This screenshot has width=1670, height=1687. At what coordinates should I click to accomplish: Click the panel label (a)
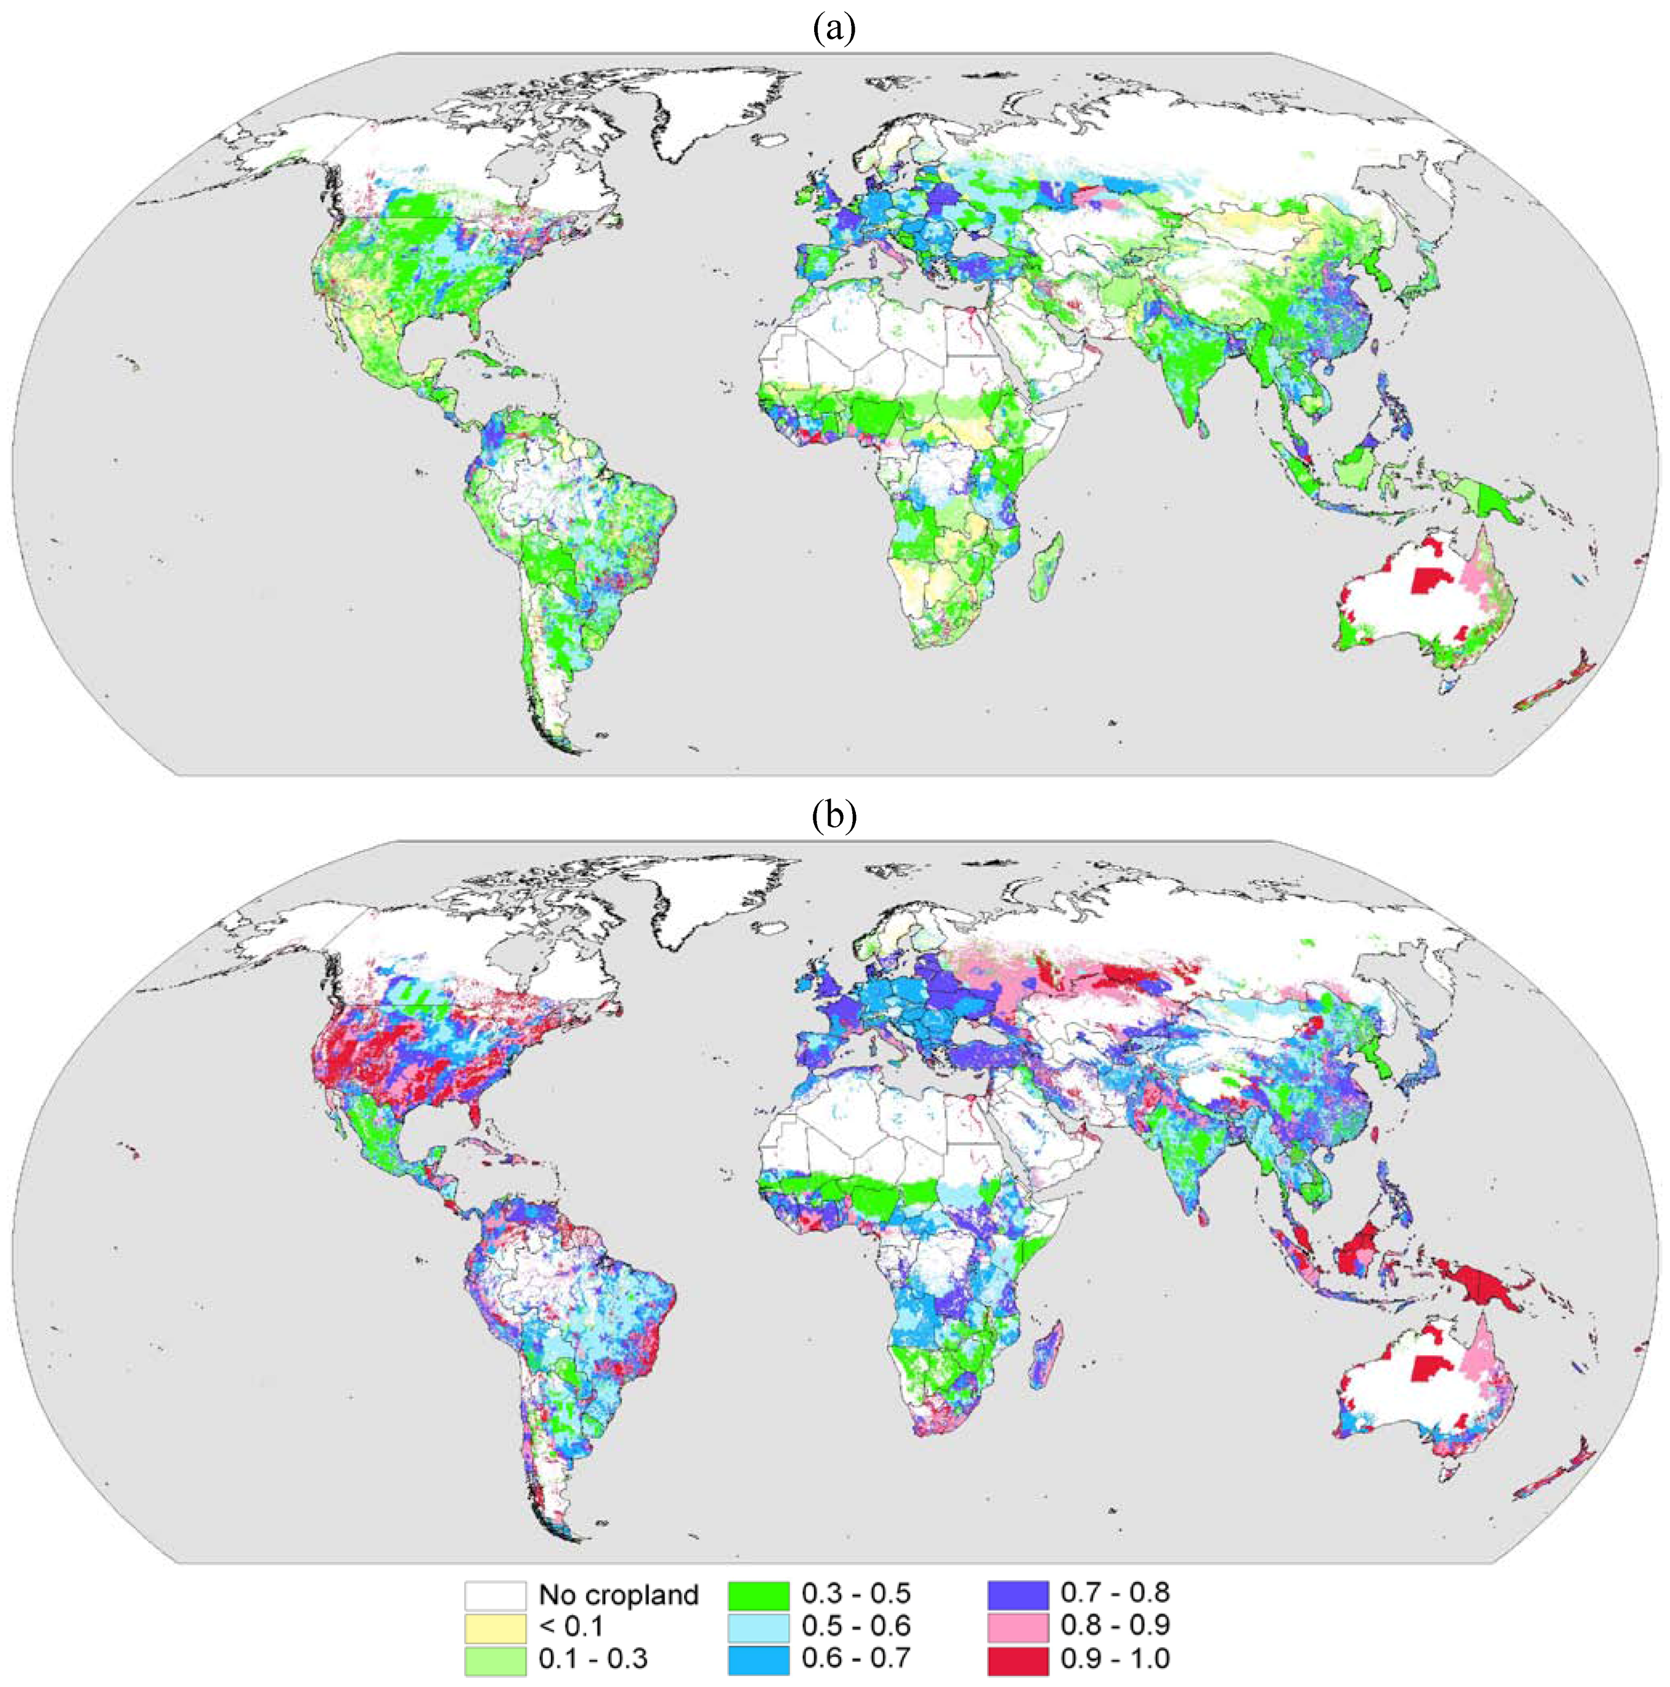(x=834, y=28)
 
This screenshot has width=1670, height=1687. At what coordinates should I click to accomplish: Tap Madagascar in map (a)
(x=1047, y=568)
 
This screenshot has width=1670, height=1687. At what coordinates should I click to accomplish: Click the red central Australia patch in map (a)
(x=1429, y=581)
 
